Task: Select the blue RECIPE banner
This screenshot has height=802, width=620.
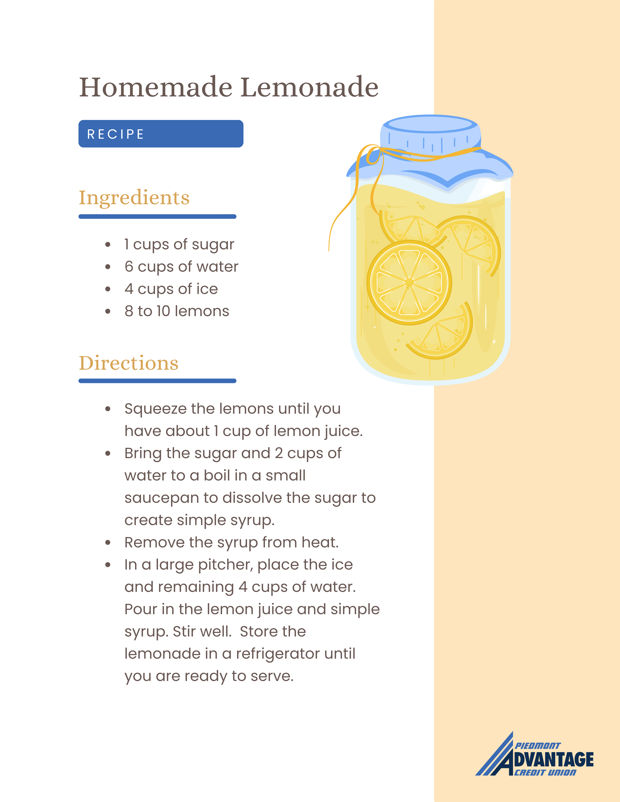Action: pos(161,134)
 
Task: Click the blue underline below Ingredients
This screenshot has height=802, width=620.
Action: pos(157,217)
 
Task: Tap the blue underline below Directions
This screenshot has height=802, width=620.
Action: pos(157,381)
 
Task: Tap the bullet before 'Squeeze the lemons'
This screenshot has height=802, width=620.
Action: pos(108,409)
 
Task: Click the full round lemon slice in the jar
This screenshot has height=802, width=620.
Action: pos(409,283)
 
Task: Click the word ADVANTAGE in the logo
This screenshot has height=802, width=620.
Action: pos(554,759)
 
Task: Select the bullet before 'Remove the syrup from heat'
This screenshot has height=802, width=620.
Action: pos(108,543)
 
